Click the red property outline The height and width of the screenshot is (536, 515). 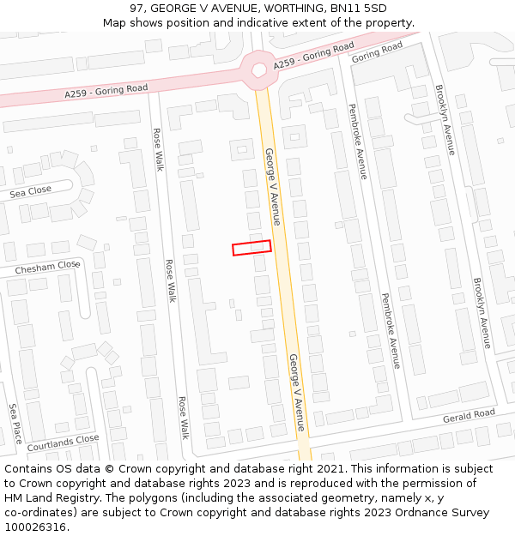251,248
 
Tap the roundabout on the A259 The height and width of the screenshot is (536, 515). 257,69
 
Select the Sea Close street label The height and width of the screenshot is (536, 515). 31,191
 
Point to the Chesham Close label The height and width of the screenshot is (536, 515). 47,267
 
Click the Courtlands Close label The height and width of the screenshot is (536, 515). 63,443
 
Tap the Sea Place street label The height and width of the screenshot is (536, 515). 15,424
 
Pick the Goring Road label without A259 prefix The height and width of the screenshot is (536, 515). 376,52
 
